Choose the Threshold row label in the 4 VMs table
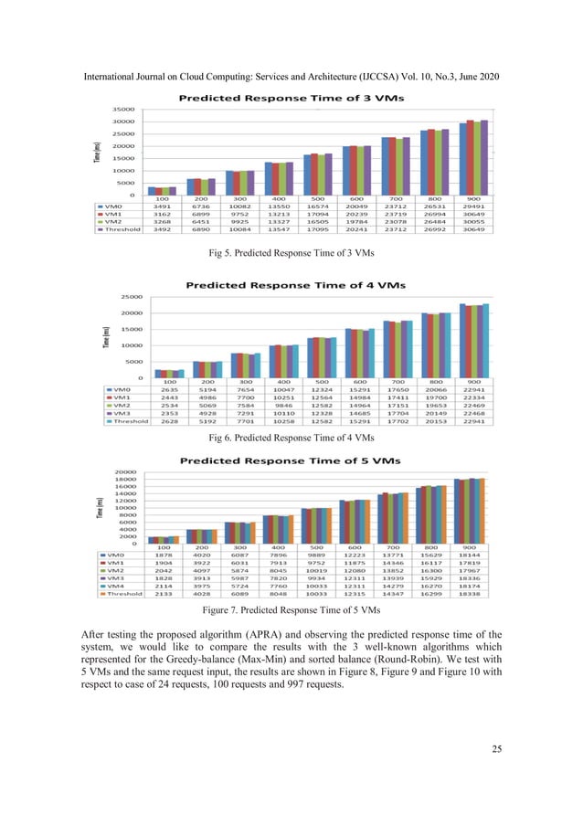click(127, 423)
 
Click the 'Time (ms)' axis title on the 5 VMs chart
click(97, 507)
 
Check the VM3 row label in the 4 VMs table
click(122, 414)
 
